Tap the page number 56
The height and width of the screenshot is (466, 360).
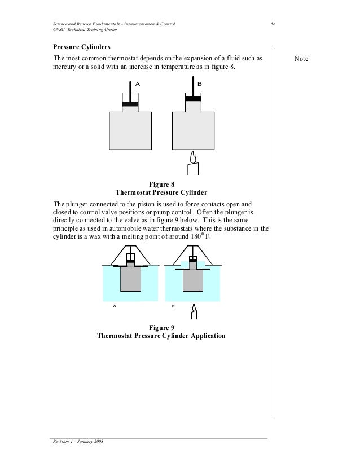tap(273, 24)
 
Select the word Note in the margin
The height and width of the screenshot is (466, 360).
tap(309, 59)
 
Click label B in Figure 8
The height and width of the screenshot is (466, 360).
tap(199, 83)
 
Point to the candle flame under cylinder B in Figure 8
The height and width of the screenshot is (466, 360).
tap(193, 156)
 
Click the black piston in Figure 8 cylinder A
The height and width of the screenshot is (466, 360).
tap(130, 103)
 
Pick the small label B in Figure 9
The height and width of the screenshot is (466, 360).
tap(173, 306)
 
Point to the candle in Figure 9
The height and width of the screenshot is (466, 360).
tap(195, 316)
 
